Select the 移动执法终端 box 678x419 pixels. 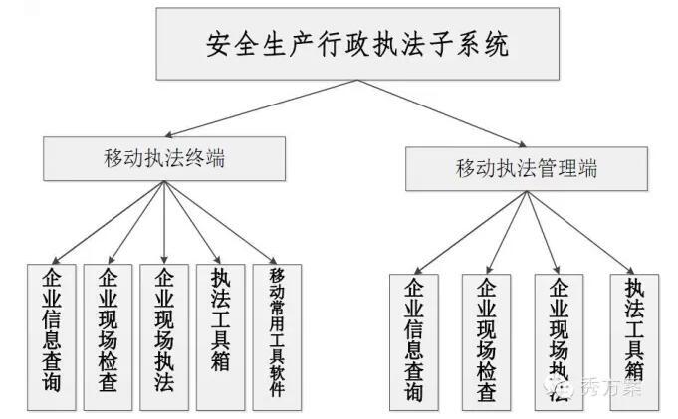tap(164, 157)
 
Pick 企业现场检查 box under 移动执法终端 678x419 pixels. tap(108, 337)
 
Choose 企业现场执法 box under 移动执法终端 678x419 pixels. tap(164, 337)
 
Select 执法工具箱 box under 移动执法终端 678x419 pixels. tap(220, 337)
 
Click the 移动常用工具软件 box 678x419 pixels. tap(277, 337)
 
